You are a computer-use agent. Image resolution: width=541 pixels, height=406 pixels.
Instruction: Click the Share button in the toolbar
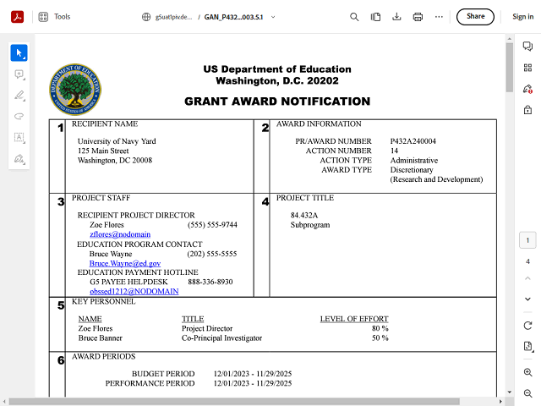pos(475,16)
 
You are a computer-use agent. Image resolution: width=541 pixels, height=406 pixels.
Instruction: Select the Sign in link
pos(522,16)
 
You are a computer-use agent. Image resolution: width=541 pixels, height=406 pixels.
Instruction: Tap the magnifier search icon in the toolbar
pos(354,16)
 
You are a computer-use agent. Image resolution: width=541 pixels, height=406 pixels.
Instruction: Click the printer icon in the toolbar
pos(418,16)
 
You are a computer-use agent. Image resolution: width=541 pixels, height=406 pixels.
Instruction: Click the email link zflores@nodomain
pos(120,234)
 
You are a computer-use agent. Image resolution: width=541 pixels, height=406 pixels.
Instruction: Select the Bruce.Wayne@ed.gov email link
pos(124,263)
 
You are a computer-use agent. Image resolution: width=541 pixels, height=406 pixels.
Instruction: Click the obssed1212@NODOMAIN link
pos(134,291)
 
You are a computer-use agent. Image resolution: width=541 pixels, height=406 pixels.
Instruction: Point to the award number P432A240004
pos(413,141)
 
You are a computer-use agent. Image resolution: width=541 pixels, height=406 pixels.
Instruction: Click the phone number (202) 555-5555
pos(211,254)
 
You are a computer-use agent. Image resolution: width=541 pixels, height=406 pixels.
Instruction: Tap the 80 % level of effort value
pos(380,328)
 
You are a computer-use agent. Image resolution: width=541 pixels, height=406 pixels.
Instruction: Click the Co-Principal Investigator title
pos(221,337)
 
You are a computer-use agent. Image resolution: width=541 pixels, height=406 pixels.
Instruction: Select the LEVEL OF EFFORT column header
pos(354,319)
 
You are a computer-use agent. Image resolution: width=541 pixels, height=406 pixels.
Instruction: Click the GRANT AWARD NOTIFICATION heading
pos(277,101)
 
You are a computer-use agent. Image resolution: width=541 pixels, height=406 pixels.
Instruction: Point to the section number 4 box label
pos(265,202)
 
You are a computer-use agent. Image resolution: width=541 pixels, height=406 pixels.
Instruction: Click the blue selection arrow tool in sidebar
pos(19,52)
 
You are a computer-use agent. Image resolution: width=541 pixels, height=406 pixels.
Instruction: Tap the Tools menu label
pos(63,16)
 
